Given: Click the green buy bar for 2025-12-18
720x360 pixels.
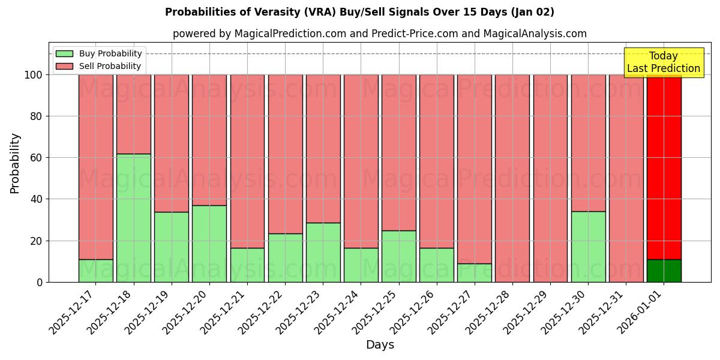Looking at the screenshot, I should [133, 218].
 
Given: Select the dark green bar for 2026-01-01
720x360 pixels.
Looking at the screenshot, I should [664, 271].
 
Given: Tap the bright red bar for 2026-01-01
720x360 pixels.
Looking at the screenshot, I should [664, 167].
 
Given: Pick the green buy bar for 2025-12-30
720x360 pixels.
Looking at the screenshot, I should [588, 247].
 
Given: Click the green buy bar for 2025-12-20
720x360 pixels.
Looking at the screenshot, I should [209, 244].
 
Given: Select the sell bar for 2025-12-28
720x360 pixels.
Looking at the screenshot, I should [512, 178].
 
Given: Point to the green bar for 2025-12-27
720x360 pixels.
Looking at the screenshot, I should [474, 273].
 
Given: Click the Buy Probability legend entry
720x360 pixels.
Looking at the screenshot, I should [98, 53].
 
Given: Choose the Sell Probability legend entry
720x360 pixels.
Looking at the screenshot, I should [98, 66].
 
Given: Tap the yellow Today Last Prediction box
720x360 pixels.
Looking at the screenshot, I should [664, 62].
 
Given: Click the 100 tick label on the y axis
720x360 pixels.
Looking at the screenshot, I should [34, 75].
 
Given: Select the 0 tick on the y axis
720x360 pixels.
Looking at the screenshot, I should [40, 282].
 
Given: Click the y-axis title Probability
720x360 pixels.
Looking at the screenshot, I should [15, 163].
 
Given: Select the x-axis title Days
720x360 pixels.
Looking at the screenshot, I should [380, 345].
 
